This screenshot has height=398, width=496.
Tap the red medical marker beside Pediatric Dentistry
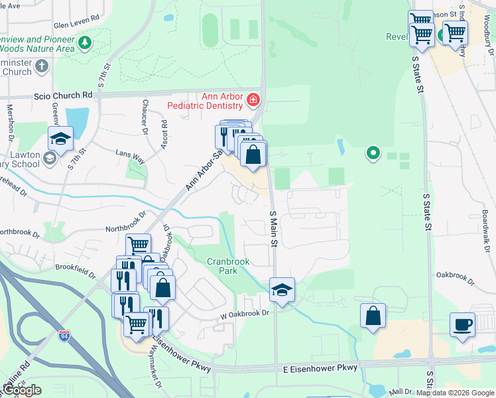pos(253,101)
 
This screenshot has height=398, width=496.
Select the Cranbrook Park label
pos(227,266)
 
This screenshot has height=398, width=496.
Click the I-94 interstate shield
pos(64,336)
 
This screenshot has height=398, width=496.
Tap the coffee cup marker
pos(462,325)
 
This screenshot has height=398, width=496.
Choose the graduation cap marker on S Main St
pos(282,290)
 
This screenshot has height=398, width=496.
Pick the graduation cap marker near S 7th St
pos(60,139)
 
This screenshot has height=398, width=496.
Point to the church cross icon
pos(42,66)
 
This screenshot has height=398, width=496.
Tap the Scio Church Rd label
pos(63,96)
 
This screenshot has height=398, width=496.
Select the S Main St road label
pos(273,229)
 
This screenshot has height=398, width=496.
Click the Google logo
pos(21,390)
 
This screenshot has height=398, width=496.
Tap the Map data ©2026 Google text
pos(454,393)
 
